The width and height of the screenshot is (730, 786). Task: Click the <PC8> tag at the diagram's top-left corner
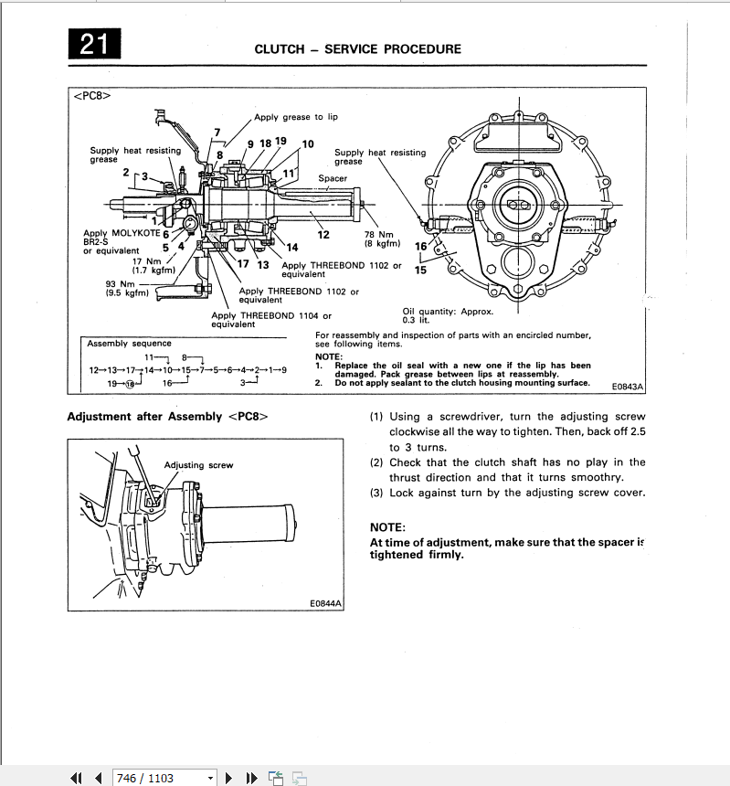(91, 95)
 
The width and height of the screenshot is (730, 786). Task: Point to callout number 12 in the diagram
(323, 235)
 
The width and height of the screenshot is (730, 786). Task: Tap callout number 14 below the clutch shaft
(292, 247)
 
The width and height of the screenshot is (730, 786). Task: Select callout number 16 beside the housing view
(421, 246)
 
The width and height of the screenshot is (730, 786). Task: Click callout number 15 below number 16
(420, 270)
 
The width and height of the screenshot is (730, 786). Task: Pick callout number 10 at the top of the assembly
(307, 143)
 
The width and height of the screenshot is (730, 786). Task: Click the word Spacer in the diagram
(333, 178)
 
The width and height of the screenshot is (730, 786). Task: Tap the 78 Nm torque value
(378, 234)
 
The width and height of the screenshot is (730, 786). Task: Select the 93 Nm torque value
(121, 283)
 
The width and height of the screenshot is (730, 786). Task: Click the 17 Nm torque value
(146, 261)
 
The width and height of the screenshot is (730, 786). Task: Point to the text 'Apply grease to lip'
(296, 117)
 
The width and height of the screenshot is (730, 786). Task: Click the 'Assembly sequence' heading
(129, 344)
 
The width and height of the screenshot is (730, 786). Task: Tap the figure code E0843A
(628, 387)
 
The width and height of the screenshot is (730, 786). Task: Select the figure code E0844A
(325, 603)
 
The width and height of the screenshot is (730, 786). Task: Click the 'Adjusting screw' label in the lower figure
(198, 465)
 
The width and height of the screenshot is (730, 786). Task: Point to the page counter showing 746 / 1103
(144, 778)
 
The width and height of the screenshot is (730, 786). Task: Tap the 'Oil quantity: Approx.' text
(448, 312)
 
